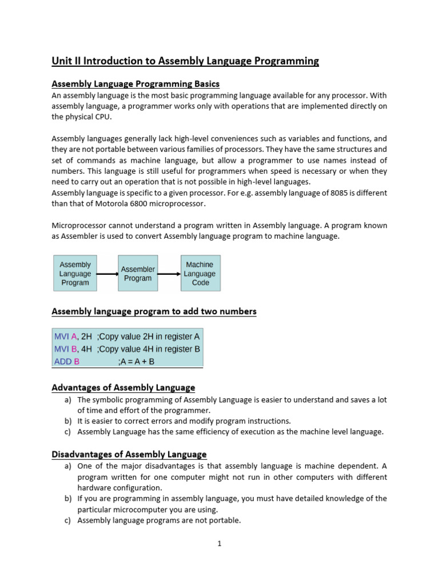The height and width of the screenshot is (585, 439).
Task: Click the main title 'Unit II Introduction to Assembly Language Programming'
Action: pos(185,61)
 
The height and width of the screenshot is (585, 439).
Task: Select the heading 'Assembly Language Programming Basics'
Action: pos(135,83)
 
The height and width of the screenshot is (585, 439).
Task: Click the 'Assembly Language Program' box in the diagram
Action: pos(75,273)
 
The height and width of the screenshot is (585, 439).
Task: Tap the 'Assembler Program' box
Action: pos(138,274)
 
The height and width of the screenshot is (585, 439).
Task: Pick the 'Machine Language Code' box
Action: pos(200,273)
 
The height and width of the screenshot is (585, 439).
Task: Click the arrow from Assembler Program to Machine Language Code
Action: pos(169,274)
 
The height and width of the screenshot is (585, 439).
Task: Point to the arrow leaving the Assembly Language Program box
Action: pos(107,274)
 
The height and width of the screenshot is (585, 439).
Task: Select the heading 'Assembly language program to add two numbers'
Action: pos(154,311)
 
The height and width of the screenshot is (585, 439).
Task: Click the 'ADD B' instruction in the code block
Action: pos(67,361)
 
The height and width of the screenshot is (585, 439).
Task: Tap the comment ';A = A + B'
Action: pos(136,361)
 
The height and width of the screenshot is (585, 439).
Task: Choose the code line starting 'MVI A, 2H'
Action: pos(127,336)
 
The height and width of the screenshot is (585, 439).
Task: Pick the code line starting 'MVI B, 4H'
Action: pos(127,348)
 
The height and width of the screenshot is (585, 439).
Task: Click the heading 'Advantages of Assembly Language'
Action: pos(123,388)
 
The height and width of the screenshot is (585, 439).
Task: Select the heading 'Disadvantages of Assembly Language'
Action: pos(129,454)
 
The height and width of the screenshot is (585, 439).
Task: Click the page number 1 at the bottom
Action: pos(219,543)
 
